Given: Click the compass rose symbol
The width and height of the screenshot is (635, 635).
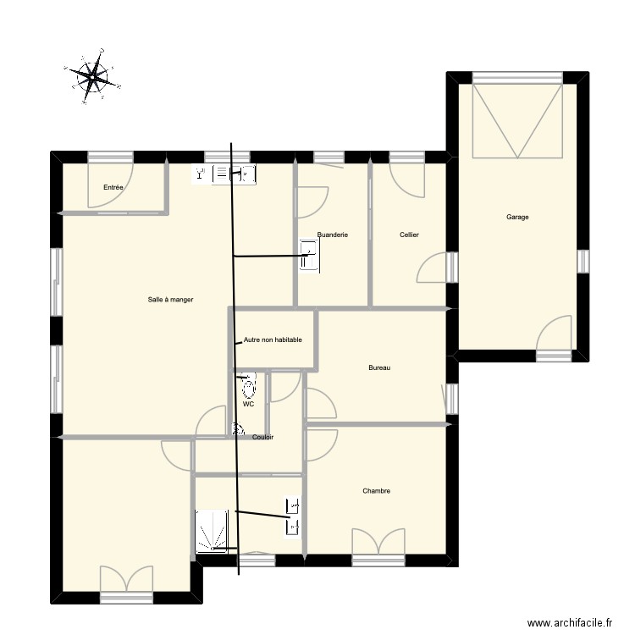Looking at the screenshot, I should coord(92,79).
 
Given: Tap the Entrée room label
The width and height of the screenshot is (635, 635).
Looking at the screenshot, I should coord(113,187).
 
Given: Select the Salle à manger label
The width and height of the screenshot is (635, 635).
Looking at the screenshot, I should coord(170,300).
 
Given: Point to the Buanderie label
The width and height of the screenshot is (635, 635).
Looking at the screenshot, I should coord(333,235).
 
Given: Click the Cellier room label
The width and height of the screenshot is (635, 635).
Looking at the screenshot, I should coord(409,235).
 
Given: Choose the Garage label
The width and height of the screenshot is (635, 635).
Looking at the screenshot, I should coord(517,218).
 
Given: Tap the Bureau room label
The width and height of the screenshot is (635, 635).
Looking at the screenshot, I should coord(379,367).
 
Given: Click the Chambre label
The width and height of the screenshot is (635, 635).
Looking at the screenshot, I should coord(376,491).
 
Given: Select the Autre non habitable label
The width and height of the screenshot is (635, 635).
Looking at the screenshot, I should coord(272,340).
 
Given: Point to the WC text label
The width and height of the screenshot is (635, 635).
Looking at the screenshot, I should coord(248,405).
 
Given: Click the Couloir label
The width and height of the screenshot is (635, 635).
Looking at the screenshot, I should coord(262,438).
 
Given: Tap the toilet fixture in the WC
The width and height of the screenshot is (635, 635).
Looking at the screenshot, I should coord(249,389).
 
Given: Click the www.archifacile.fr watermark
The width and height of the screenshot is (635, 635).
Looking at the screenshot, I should coord(569,623).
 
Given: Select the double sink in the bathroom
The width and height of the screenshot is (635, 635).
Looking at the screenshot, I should coord(294,516).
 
